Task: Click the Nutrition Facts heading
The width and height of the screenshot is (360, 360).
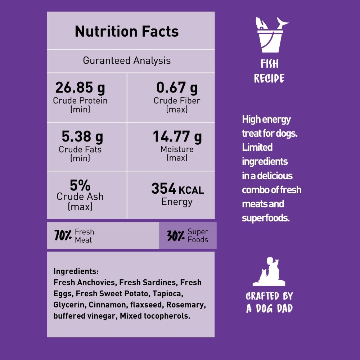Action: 127,32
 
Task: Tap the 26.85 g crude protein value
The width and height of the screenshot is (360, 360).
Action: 80,87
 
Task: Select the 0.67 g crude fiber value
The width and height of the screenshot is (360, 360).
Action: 177,87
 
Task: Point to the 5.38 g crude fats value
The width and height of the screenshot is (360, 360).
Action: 82,137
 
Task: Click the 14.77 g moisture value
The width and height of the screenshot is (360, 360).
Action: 177,137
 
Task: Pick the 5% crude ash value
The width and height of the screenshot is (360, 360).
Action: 80,186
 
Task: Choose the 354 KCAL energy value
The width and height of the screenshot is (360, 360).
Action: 177,189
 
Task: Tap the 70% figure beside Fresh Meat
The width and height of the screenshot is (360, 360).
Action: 63,236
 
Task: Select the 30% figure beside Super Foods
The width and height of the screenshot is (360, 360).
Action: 176,236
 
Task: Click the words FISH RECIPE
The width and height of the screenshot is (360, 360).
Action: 269,71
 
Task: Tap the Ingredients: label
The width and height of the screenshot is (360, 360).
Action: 76,271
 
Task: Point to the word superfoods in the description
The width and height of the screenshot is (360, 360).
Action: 266,218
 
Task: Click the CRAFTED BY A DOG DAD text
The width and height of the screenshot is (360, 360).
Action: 269,302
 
